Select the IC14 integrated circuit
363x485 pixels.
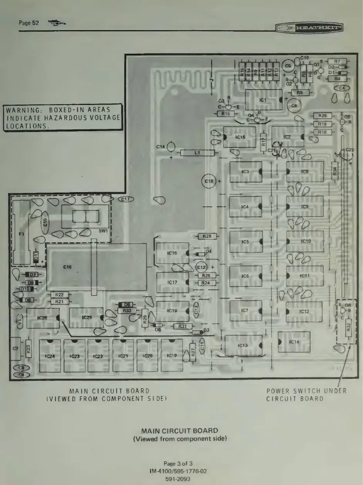pos(294,342)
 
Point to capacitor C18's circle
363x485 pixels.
pos(209,181)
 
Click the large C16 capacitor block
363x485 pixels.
pos(96,267)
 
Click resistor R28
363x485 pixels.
pos(206,236)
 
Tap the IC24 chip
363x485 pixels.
pos(50,356)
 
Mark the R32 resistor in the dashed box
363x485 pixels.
pos(348,327)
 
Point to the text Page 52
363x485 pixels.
pos(29,23)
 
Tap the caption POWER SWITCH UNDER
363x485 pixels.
pos(307,391)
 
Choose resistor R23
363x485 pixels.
pos(28,350)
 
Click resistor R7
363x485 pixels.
pos(337,61)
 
